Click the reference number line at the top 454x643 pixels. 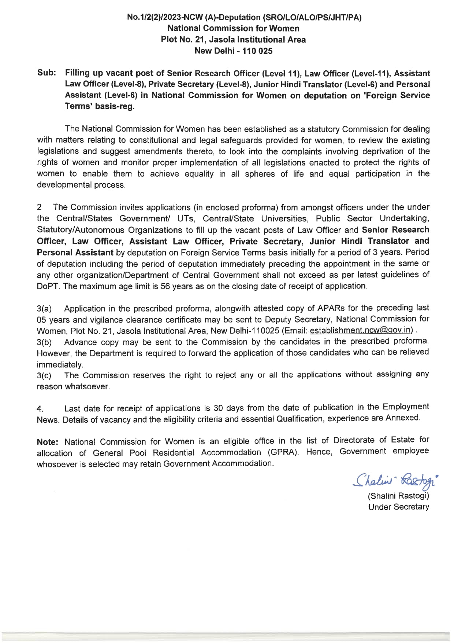click(x=244, y=17)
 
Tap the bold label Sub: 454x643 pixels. click(x=46, y=73)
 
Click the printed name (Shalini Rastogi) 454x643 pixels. click(x=398, y=496)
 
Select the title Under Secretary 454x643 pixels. click(x=399, y=507)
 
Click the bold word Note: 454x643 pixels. click(x=48, y=442)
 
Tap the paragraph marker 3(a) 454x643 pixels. click(x=44, y=309)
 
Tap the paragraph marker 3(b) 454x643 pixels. click(x=44, y=342)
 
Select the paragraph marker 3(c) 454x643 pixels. click(x=44, y=376)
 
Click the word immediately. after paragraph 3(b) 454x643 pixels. click(x=60, y=365)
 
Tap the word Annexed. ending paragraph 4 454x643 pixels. click(x=403, y=418)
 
